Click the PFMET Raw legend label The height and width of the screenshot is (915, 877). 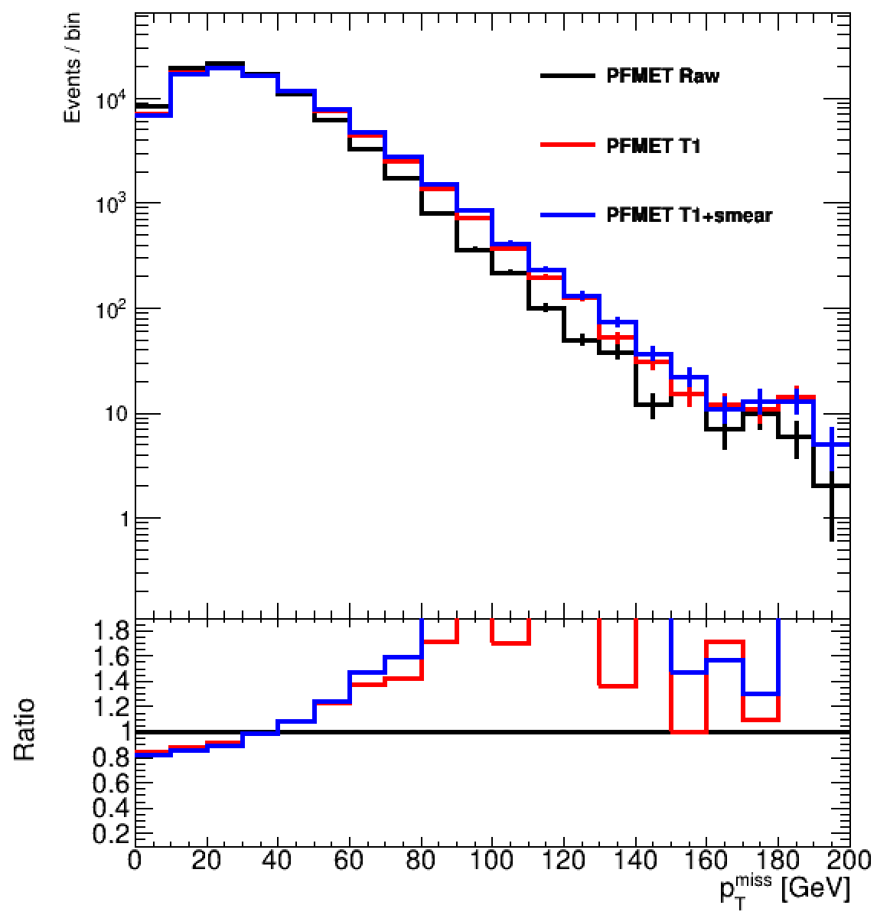[x=663, y=76]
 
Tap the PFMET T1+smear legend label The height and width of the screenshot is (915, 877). [x=689, y=215]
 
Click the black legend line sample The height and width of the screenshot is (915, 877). [x=567, y=76]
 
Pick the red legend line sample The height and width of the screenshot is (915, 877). [x=567, y=145]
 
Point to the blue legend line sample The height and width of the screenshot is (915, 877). [x=567, y=215]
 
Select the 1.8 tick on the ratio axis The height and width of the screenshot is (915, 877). [x=112, y=630]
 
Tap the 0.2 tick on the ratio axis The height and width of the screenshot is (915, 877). [x=112, y=834]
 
